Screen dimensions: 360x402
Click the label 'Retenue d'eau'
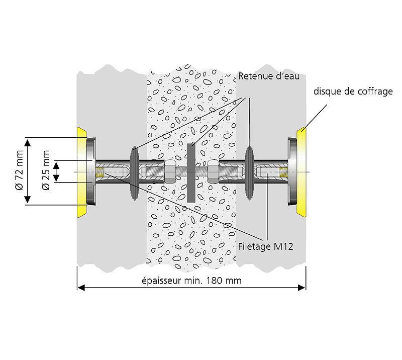(x=269, y=76)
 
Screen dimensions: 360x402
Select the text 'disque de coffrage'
(x=353, y=92)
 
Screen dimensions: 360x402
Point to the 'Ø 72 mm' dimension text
(x=20, y=171)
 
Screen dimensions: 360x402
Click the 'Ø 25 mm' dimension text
(x=46, y=171)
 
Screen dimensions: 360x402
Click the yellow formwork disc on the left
(x=81, y=171)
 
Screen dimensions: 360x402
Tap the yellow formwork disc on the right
(x=301, y=171)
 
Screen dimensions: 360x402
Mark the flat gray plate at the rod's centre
(x=191, y=172)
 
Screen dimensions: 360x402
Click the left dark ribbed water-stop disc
(x=134, y=172)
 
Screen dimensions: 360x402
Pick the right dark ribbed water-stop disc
(x=250, y=172)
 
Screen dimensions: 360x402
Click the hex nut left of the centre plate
(x=169, y=172)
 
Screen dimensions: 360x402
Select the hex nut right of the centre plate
(x=213, y=172)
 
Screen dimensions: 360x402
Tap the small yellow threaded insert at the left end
(x=100, y=172)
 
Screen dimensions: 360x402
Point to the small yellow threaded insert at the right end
(x=283, y=172)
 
